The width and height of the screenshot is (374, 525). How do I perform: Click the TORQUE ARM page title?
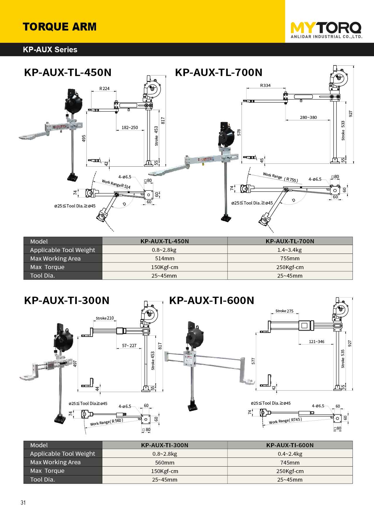point(59,27)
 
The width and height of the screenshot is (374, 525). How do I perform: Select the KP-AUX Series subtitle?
point(50,50)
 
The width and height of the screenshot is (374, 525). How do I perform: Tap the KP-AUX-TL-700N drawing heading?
point(218,72)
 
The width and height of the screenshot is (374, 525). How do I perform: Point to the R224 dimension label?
point(104,89)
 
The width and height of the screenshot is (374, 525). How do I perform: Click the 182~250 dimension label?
point(130,128)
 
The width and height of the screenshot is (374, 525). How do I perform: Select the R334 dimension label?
point(265,85)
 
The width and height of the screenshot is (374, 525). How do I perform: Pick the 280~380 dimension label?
point(308,117)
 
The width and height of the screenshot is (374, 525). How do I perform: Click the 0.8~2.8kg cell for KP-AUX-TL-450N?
point(164,250)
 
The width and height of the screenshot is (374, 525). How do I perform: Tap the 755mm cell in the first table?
point(290,259)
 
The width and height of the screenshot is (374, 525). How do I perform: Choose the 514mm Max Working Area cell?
point(164,259)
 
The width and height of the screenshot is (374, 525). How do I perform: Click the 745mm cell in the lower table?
point(290,462)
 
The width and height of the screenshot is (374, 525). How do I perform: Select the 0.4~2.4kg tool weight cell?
point(290,454)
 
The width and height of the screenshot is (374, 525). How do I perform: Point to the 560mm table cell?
point(164,462)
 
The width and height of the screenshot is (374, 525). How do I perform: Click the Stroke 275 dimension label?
point(284,311)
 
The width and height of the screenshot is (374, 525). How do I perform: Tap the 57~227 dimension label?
point(129,346)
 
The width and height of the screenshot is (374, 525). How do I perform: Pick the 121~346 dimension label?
point(317,342)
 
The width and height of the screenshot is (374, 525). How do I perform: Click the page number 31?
point(23,502)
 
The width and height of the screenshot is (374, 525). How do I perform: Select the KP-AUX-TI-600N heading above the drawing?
point(212,301)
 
